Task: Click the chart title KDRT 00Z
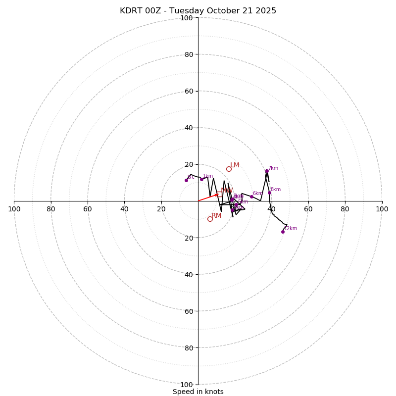[198, 11]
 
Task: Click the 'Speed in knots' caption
[198, 392]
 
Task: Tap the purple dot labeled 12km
[283, 232]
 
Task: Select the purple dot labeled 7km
[267, 171]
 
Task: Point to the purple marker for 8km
[269, 193]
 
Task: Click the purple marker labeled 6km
[251, 197]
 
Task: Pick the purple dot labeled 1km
[201, 179]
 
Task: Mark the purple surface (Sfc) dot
[186, 180]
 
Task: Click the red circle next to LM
[229, 169]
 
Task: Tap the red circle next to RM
[210, 219]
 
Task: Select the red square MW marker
[219, 194]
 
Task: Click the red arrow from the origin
[208, 198]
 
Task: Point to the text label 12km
[291, 229]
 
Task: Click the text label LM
[235, 165]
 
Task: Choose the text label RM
[216, 216]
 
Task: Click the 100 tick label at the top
[187, 18]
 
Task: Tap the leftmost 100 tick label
[14, 209]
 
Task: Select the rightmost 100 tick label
[382, 209]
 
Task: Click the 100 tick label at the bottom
[187, 385]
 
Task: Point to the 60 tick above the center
[189, 91]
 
